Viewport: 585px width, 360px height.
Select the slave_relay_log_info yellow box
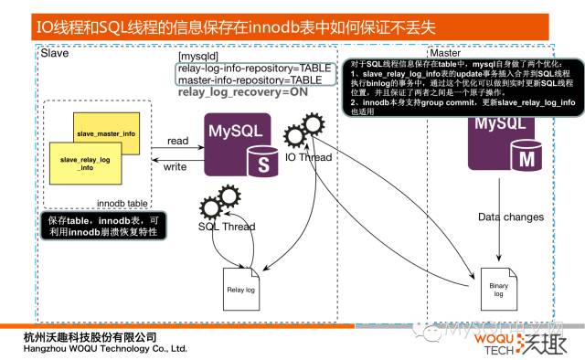coord(84,164)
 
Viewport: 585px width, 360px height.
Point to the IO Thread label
coord(308,157)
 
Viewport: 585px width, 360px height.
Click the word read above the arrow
coord(177,142)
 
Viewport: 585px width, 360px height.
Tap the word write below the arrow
coord(175,167)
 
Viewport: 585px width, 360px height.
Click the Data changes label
coord(510,217)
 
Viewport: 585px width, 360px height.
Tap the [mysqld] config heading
coord(199,58)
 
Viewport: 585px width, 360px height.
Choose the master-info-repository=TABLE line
coord(250,80)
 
